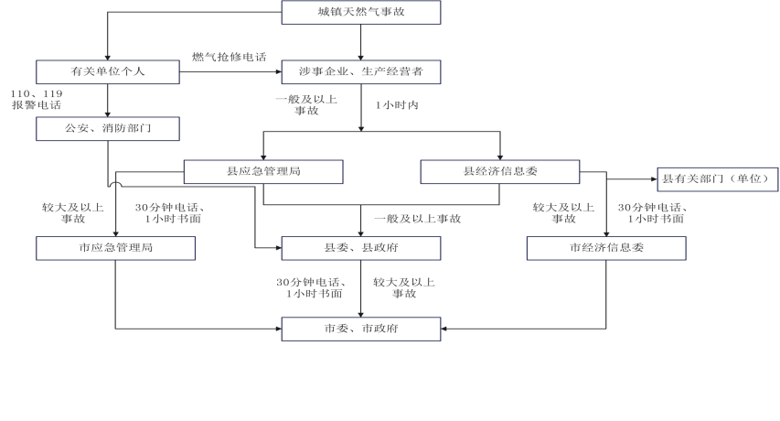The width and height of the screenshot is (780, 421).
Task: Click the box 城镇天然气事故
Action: point(360,12)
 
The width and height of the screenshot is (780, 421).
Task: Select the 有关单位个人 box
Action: point(108,70)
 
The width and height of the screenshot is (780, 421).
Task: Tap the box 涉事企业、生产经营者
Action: point(360,70)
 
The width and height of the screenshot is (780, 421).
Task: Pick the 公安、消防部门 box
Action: point(108,128)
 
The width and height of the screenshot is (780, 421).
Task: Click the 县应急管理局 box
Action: point(263,171)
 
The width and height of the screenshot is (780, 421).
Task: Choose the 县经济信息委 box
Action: point(500,171)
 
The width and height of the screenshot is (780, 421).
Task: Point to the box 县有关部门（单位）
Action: point(716,178)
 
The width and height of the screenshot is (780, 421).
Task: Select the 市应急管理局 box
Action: point(116,247)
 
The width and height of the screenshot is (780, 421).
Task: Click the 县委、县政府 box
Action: point(360,247)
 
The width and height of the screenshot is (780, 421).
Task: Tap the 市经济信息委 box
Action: point(606,247)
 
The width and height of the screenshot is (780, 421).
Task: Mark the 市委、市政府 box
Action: point(360,329)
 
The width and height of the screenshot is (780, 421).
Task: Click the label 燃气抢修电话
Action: point(229,57)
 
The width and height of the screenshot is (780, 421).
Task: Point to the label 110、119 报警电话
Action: point(37,99)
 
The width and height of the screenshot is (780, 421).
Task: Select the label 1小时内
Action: point(397,105)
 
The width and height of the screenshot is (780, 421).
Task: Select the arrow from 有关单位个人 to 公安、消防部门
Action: point(108,99)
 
